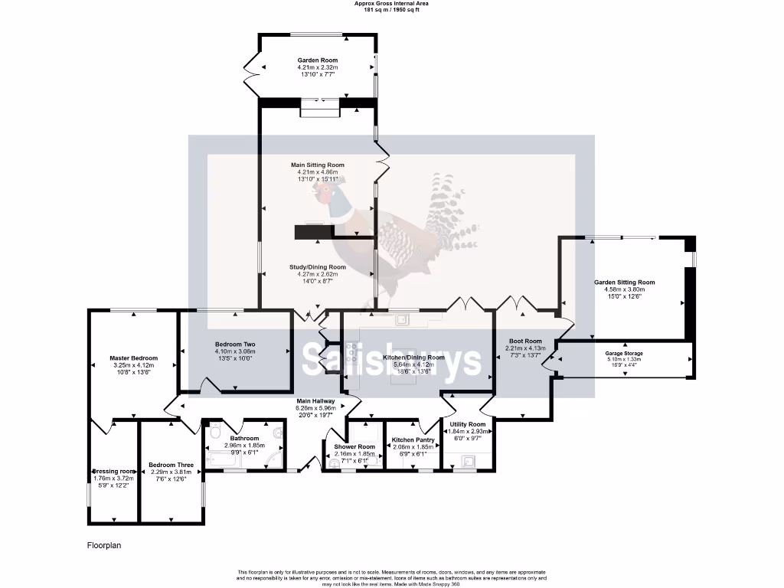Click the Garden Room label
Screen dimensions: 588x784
(318, 60)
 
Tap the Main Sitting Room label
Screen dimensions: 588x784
(318, 165)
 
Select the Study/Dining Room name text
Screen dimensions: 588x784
(318, 267)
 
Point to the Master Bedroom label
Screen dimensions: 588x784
(133, 358)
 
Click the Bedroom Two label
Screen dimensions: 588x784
(235, 345)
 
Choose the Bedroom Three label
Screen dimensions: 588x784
(171, 465)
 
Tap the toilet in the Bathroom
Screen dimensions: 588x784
(214, 430)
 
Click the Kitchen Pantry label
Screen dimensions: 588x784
(413, 440)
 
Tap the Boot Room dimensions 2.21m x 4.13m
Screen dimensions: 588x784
(524, 348)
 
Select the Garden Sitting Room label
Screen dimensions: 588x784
(625, 282)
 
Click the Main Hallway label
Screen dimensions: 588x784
(316, 400)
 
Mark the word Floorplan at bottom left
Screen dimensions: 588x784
(104, 546)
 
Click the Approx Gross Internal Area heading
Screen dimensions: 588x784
(391, 3)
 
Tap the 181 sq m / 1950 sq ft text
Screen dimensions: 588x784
(391, 10)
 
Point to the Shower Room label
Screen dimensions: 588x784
(355, 446)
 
